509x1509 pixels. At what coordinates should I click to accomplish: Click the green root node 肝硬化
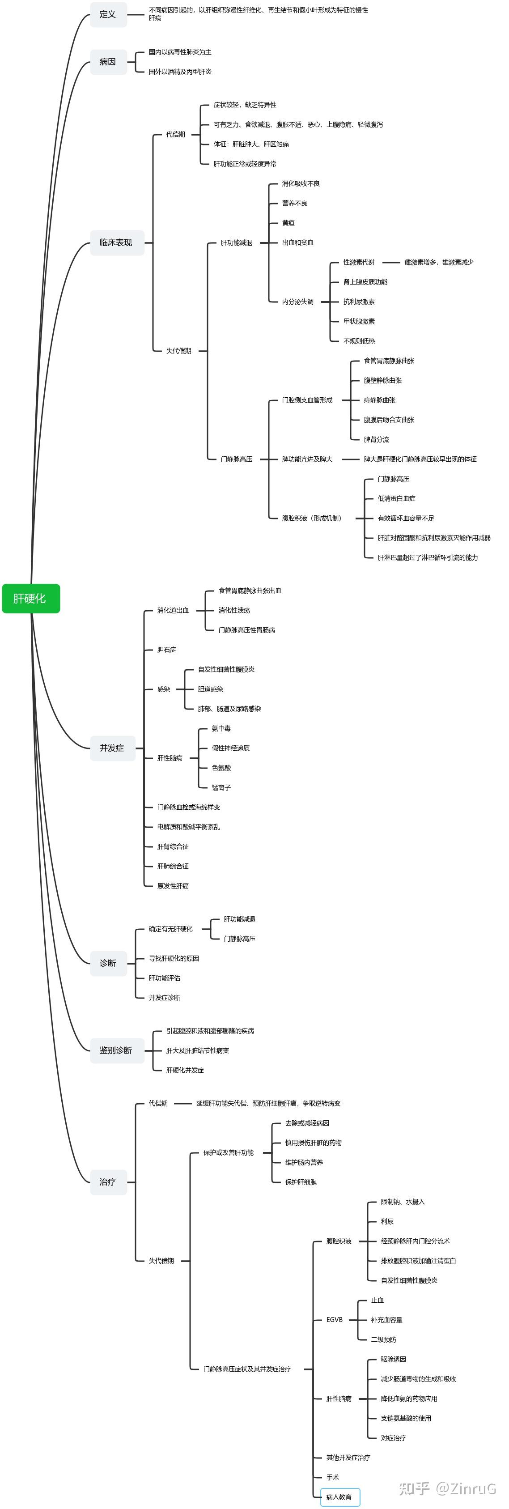coord(30,598)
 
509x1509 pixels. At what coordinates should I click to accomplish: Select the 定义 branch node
coord(108,14)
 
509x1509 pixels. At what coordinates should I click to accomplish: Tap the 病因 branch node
coord(108,61)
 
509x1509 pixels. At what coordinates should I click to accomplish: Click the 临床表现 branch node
coord(116,242)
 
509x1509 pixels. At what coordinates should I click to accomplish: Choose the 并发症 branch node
coord(112,748)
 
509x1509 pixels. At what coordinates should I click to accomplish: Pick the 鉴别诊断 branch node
coord(116,1050)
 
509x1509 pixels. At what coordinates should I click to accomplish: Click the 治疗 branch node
coord(108,1182)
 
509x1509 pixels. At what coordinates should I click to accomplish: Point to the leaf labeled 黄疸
coord(288,223)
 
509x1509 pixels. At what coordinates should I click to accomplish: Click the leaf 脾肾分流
coord(376,439)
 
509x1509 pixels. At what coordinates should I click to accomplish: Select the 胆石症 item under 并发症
coord(166,650)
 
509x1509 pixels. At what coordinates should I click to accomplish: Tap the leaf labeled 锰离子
coord(221,787)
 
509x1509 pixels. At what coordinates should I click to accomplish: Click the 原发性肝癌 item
coord(173,886)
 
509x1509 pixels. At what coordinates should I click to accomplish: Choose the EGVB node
coord(335,1320)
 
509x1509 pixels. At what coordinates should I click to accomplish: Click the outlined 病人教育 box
coord(340,1497)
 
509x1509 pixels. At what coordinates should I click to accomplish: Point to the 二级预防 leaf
coord(384,1340)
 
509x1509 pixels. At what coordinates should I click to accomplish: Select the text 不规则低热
coord(359,341)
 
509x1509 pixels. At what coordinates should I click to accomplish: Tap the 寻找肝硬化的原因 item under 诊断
coord(174,958)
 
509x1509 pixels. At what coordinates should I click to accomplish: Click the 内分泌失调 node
coord(297,302)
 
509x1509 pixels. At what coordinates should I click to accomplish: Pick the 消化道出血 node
coord(173,610)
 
